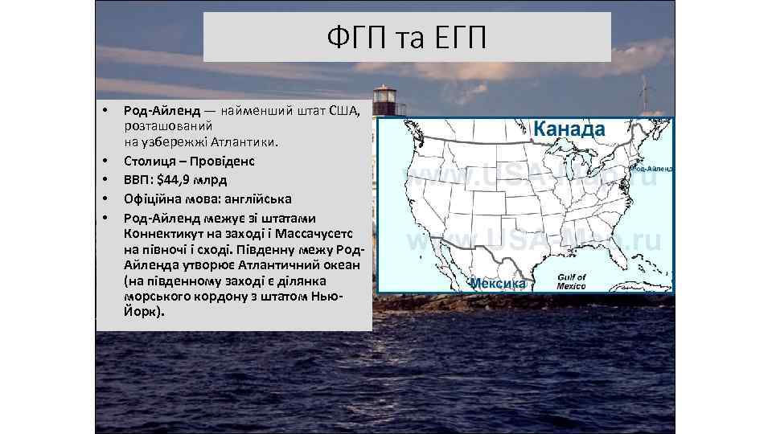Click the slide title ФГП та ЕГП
click(x=407, y=37)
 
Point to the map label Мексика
click(x=498, y=283)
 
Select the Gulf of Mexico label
click(x=572, y=281)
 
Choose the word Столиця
click(x=150, y=160)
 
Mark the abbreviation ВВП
click(x=138, y=179)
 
